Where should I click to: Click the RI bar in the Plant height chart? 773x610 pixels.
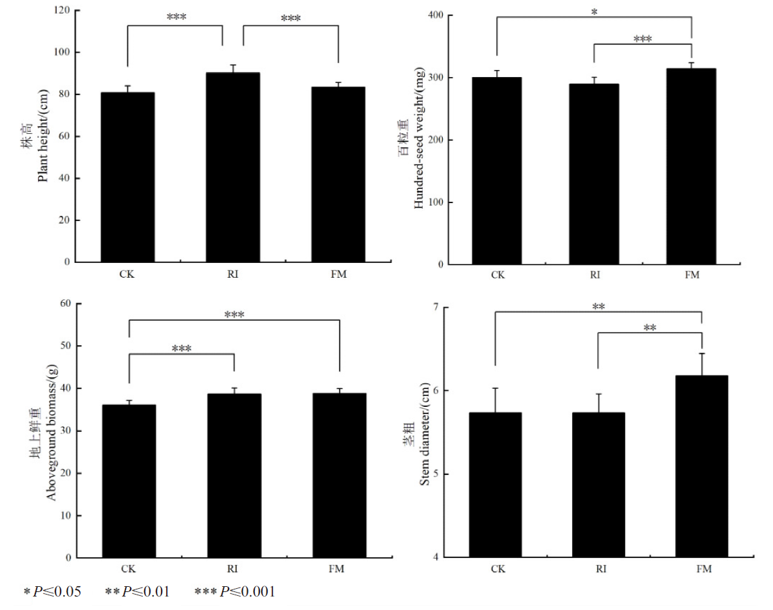coord(232,167)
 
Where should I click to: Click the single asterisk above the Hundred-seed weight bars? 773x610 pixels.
coord(593,12)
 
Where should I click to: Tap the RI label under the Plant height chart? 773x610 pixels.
coord(232,274)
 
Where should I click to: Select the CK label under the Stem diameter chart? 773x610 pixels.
coord(498,569)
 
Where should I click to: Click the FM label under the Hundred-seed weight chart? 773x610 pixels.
coord(691,275)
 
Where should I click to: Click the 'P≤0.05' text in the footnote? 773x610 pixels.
coord(61,591)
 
